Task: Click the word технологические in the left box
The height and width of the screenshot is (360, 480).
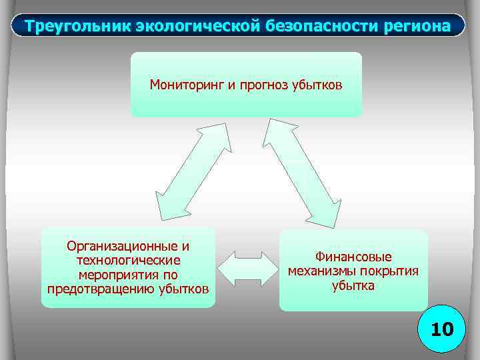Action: tap(128, 260)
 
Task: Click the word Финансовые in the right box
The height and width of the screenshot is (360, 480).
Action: tap(353, 257)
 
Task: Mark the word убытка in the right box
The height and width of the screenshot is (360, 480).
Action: tap(353, 285)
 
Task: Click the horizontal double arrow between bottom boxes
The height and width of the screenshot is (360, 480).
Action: tap(247, 269)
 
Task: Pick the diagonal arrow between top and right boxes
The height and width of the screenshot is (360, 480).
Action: tap(299, 171)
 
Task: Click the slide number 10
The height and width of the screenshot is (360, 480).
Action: tap(441, 329)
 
